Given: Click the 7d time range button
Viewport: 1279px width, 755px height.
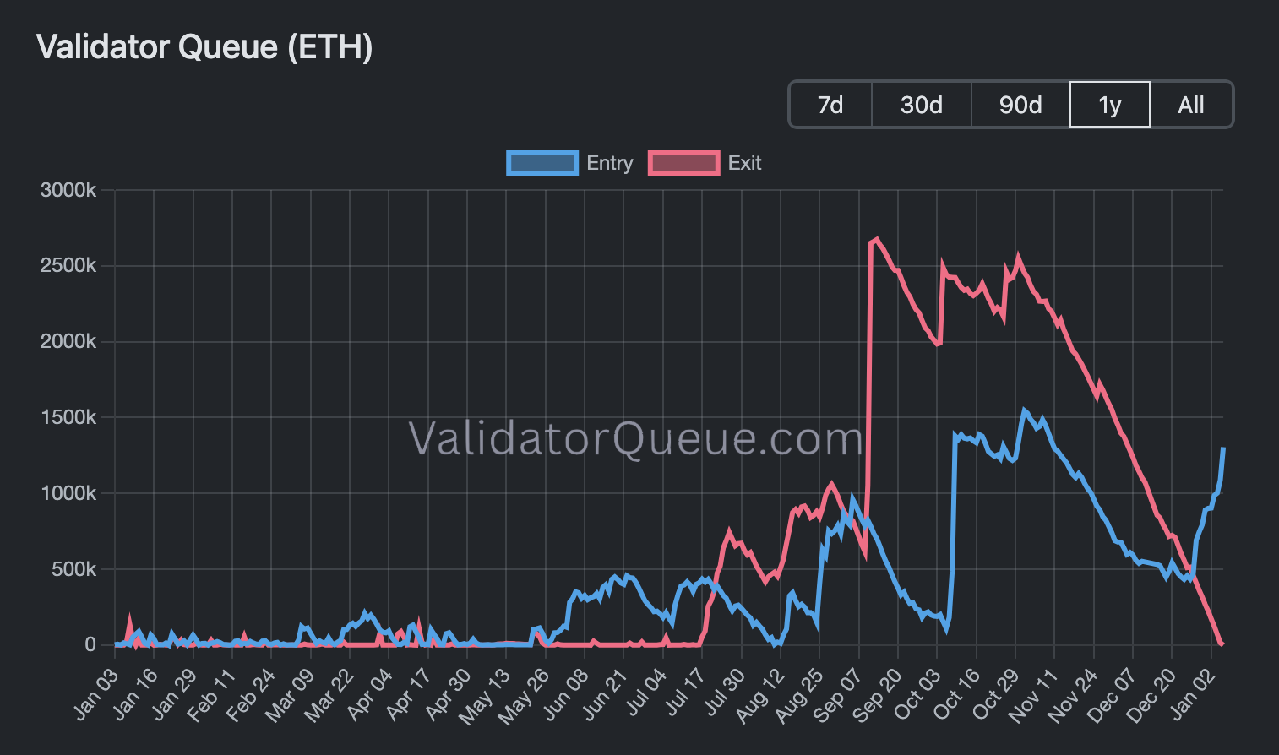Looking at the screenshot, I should tap(830, 105).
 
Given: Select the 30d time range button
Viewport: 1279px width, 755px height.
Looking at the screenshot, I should tap(921, 105).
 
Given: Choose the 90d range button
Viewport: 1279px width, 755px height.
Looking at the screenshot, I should tap(1020, 105).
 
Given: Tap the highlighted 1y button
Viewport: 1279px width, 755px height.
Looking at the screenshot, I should tap(1109, 105).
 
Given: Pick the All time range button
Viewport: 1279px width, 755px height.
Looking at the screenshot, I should tap(1191, 105).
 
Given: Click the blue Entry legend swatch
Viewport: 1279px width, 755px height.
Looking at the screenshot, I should tap(542, 163).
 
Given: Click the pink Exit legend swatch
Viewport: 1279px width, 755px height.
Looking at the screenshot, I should tap(683, 163).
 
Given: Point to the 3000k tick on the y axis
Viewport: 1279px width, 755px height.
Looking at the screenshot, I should tap(68, 190).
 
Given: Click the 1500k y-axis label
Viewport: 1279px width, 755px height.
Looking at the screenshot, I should tap(68, 417).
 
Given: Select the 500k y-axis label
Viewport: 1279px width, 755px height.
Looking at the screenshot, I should tap(73, 569).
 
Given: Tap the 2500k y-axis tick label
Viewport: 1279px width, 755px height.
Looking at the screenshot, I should tap(68, 266).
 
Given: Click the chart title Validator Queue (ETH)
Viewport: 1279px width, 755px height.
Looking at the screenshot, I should tap(204, 47).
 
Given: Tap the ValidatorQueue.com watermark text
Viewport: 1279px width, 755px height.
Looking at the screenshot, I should tap(635, 439).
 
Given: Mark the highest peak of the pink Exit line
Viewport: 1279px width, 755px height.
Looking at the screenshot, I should tap(877, 239).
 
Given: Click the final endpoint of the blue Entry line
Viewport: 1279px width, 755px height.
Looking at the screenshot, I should tap(1223, 448).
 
